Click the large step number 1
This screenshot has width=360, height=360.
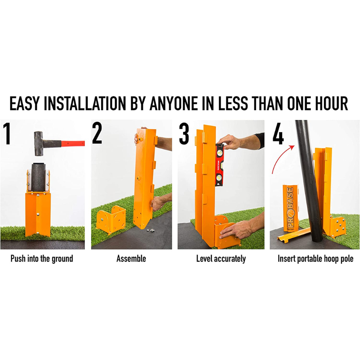click(8, 134)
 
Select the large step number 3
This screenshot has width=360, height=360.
click(184, 134)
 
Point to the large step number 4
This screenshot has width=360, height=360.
click(278, 134)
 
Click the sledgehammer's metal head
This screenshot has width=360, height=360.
click(39, 144)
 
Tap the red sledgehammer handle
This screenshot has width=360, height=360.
click(73, 144)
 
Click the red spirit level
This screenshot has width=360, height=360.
click(219, 165)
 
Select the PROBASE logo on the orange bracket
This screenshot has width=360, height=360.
click(290, 208)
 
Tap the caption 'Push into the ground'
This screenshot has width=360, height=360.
click(42, 259)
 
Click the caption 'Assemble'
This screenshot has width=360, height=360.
click(131, 259)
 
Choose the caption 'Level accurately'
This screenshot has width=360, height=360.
click(221, 259)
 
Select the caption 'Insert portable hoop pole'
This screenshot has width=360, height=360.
click(315, 259)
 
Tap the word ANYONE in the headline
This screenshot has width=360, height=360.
click(174, 103)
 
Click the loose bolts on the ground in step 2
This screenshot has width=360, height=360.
click(150, 230)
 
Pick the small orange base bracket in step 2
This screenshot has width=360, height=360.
click(111, 219)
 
